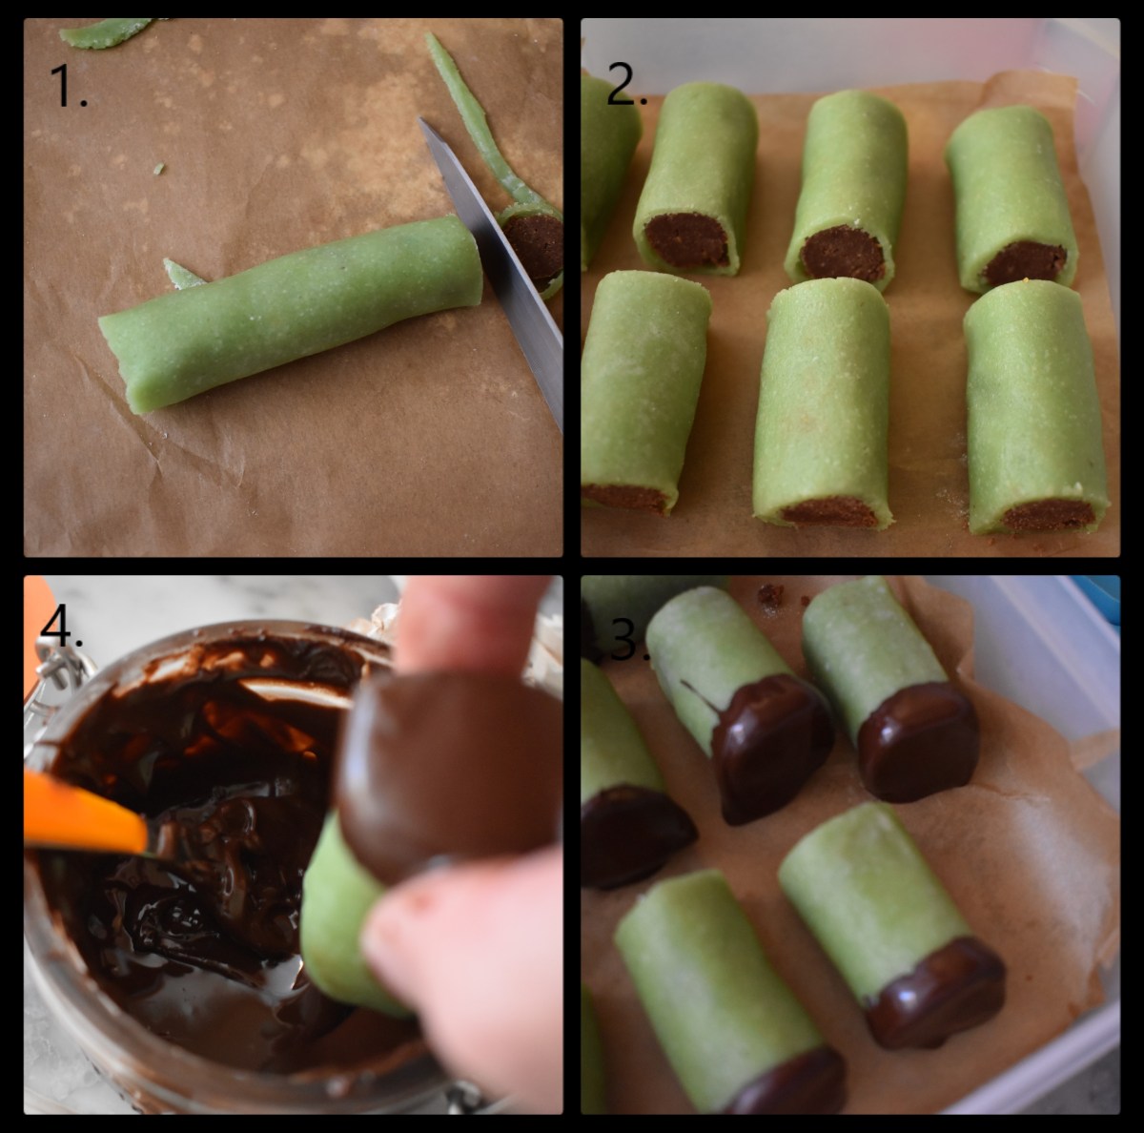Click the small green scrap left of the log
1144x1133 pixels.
[183, 275]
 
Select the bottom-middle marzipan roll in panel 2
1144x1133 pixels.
[822, 405]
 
